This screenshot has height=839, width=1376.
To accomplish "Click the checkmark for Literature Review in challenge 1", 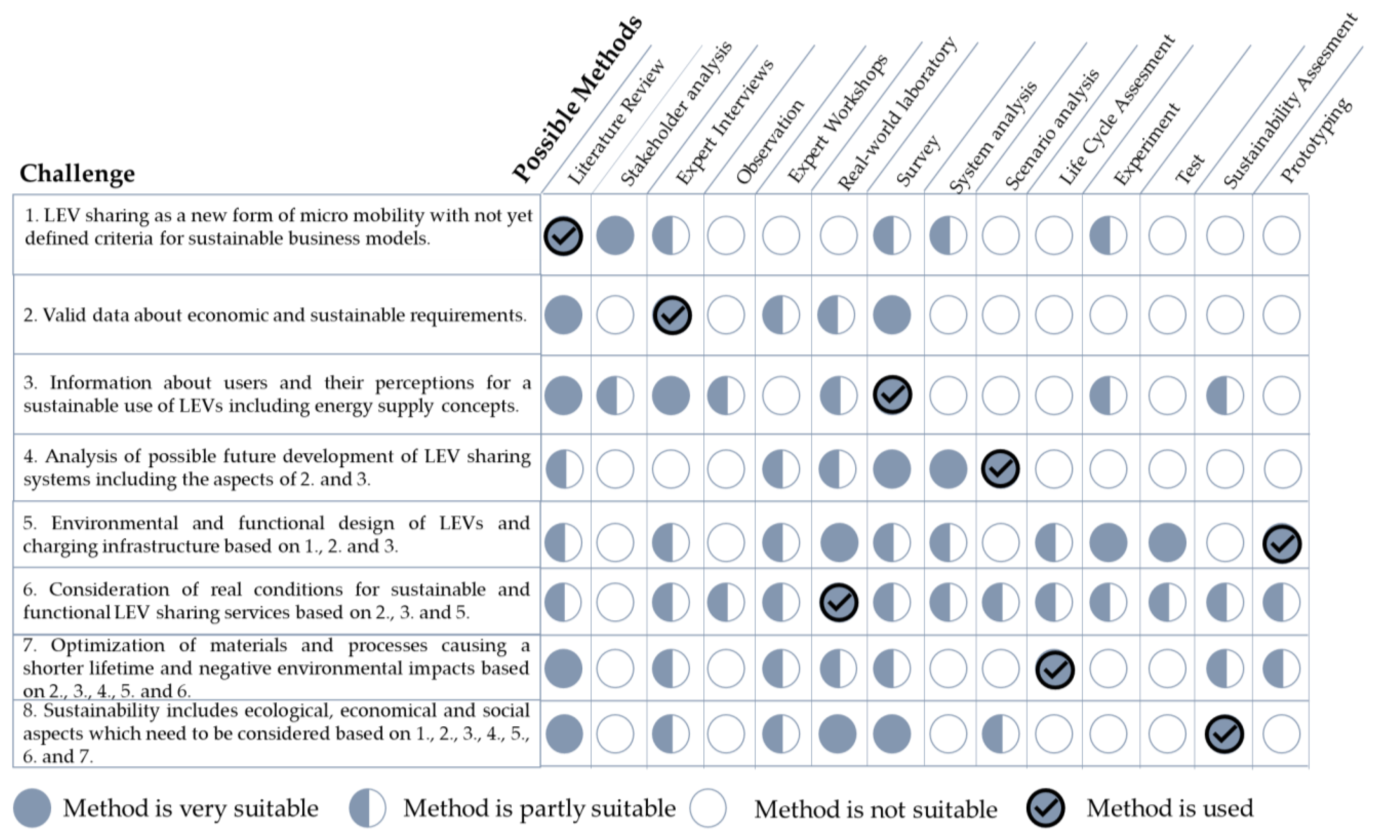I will coord(563,236).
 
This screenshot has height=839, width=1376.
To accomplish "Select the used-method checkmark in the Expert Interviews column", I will coord(672,315).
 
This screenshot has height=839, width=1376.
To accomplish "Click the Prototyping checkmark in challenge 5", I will coord(1282,543).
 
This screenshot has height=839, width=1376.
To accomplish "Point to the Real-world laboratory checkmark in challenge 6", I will coord(838,602).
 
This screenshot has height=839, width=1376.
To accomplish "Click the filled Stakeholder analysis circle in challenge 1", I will coord(615,236).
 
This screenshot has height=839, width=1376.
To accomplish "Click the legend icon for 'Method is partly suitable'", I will coord(367,808).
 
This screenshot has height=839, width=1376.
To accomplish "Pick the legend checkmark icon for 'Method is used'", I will coord(1045,808).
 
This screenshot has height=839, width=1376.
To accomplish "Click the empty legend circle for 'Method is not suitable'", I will coord(707,808).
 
